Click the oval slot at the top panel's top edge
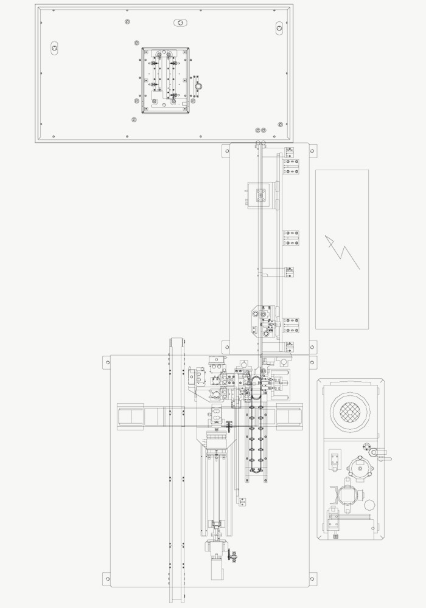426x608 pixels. (181, 23)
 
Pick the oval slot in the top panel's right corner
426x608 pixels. (279, 27)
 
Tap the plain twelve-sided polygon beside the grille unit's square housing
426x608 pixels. (369, 505)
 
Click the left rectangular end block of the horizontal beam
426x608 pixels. (130, 416)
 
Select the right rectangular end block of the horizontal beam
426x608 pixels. (290, 416)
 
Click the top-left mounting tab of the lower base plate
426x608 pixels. (107, 362)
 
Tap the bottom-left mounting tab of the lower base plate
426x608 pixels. (107, 577)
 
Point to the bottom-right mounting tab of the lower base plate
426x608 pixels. (312, 577)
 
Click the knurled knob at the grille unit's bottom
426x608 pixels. (337, 536)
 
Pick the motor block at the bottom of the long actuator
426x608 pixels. (215, 568)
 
